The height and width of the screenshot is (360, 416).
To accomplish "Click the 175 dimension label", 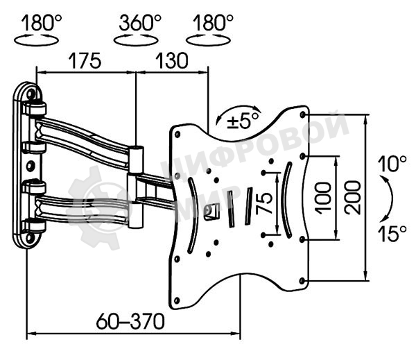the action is (85, 61).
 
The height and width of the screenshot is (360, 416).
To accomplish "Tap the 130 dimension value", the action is (172, 61).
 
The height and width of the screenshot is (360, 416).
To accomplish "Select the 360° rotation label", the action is (140, 23).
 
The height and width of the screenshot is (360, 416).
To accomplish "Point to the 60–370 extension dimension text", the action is (130, 321).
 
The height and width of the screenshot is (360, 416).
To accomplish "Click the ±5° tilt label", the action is (243, 121).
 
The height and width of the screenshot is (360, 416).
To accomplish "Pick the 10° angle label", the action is (392, 164).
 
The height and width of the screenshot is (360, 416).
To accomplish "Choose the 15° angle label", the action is (392, 234).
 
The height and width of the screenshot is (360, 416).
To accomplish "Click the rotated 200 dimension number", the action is (353, 197).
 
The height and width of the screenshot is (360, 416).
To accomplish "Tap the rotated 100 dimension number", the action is (324, 198).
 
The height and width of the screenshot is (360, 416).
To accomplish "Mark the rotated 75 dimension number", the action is (264, 203).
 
